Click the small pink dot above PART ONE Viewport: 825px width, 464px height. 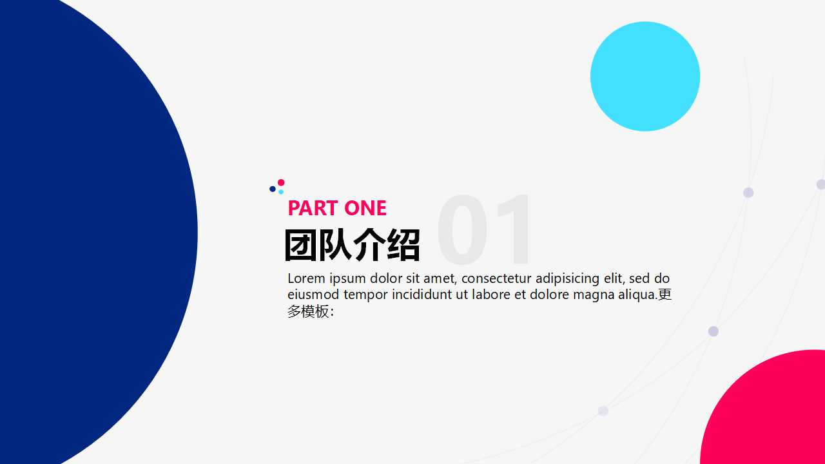[281, 182]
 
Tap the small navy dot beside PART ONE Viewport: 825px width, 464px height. [273, 189]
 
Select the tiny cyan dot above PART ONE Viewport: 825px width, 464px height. [281, 191]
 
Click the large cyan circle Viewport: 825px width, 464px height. [645, 76]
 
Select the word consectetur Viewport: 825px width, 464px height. [496, 278]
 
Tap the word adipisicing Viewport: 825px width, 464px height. [567, 278]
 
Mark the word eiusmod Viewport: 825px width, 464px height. [313, 295]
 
